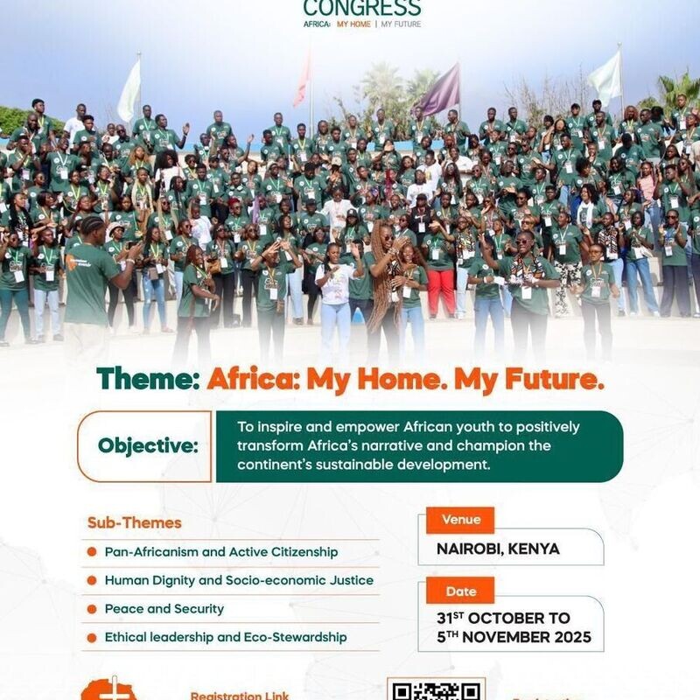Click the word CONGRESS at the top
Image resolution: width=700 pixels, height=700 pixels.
pyautogui.click(x=361, y=8)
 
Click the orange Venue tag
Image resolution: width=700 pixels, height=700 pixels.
pyautogui.click(x=460, y=520)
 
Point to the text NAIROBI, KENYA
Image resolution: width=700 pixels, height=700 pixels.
pyautogui.click(x=498, y=549)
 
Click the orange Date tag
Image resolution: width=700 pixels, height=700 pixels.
pyautogui.click(x=460, y=591)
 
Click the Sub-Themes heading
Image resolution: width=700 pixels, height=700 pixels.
pyautogui.click(x=134, y=523)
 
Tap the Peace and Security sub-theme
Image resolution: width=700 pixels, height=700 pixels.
pyautogui.click(x=164, y=609)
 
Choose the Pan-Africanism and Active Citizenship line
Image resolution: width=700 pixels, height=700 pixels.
pyautogui.click(x=220, y=552)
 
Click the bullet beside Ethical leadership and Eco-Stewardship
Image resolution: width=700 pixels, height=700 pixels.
pyautogui.click(x=92, y=638)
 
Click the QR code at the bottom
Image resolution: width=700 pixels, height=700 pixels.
pyautogui.click(x=436, y=690)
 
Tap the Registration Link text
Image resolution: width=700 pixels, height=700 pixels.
pyautogui.click(x=240, y=696)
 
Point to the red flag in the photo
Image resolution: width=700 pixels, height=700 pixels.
pyautogui.click(x=303, y=80)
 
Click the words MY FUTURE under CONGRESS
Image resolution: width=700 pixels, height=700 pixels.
pyautogui.click(x=401, y=24)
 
